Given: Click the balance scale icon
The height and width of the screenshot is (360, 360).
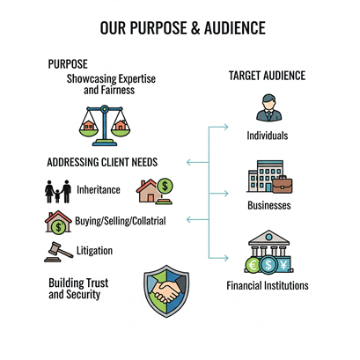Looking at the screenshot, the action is tap(105, 126).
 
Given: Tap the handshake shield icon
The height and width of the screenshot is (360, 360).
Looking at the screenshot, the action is tap(166, 291).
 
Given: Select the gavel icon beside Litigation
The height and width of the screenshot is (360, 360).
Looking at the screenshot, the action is tap(58, 252).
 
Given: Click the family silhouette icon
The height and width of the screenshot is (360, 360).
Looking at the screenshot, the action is tap(58, 191).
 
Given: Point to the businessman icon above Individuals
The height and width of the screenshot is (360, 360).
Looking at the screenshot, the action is tap(268, 107).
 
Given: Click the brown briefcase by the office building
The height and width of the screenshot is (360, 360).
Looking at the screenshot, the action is tap(282, 185).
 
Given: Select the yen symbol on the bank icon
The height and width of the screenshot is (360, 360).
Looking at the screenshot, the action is tap(283, 265).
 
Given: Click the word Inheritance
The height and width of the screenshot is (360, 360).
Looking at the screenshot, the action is tap(99, 190).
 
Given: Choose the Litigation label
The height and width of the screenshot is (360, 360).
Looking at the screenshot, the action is tap(94, 251).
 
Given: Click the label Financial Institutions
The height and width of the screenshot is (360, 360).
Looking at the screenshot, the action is tap(268, 285).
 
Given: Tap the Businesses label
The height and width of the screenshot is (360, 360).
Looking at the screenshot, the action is tap(269, 205).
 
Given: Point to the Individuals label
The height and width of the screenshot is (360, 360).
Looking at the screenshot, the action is tap(268, 136).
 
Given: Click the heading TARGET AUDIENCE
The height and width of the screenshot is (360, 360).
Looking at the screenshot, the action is tap(267, 76).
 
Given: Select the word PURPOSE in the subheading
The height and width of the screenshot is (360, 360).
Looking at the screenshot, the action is tap(68, 64).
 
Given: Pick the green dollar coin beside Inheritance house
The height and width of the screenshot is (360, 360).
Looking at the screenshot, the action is tap(165, 186).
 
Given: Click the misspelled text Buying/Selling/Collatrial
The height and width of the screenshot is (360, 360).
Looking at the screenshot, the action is tap(121, 221).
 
